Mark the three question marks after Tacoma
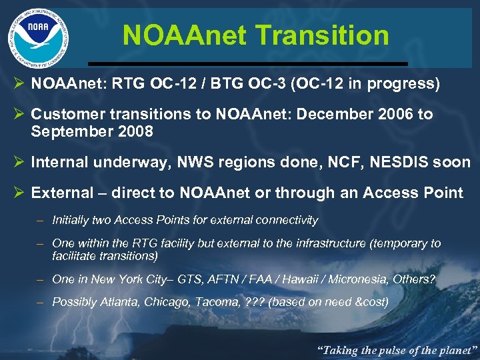[x=252, y=302]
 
